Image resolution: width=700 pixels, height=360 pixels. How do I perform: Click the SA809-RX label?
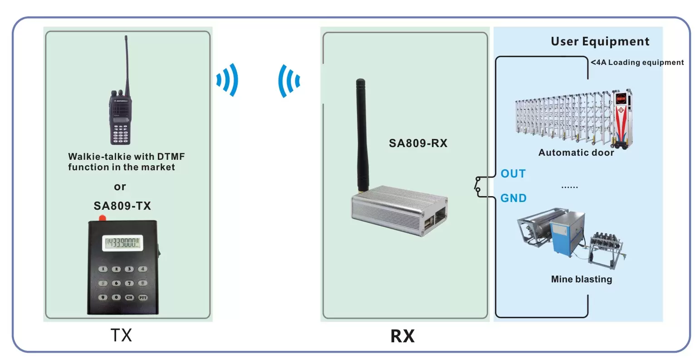(418, 143)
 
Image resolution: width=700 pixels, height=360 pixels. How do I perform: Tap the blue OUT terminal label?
(513, 174)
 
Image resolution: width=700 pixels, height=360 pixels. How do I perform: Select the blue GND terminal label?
(513, 198)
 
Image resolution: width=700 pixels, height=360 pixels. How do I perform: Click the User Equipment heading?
(600, 42)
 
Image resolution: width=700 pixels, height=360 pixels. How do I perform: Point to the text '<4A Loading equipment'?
(637, 63)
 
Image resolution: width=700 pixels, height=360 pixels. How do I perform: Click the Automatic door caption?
(576, 153)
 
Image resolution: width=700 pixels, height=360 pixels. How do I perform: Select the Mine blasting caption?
(581, 279)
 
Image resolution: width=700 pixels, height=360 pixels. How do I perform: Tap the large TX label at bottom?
(121, 335)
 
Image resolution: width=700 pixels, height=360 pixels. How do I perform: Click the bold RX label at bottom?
(402, 336)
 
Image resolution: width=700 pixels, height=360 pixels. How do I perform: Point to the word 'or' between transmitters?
(120, 187)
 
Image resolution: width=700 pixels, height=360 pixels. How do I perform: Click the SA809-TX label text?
(122, 206)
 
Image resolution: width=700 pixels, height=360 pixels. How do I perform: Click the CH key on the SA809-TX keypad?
(129, 297)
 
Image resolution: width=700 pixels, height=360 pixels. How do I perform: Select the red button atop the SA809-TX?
(102, 218)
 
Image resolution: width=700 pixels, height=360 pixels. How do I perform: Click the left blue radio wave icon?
(227, 80)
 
